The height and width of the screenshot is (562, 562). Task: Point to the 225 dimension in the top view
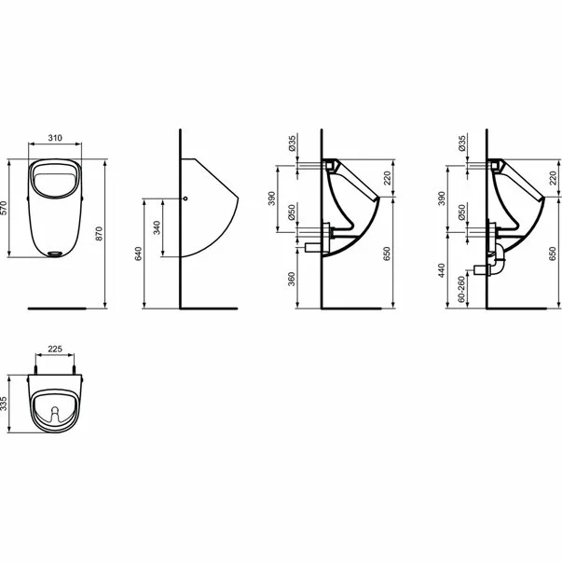55,348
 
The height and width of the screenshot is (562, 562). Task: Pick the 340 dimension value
155,227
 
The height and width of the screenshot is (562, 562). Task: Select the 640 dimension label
138,254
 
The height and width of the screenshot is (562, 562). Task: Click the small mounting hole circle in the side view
187,199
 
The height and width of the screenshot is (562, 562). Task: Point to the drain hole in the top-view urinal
57,410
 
